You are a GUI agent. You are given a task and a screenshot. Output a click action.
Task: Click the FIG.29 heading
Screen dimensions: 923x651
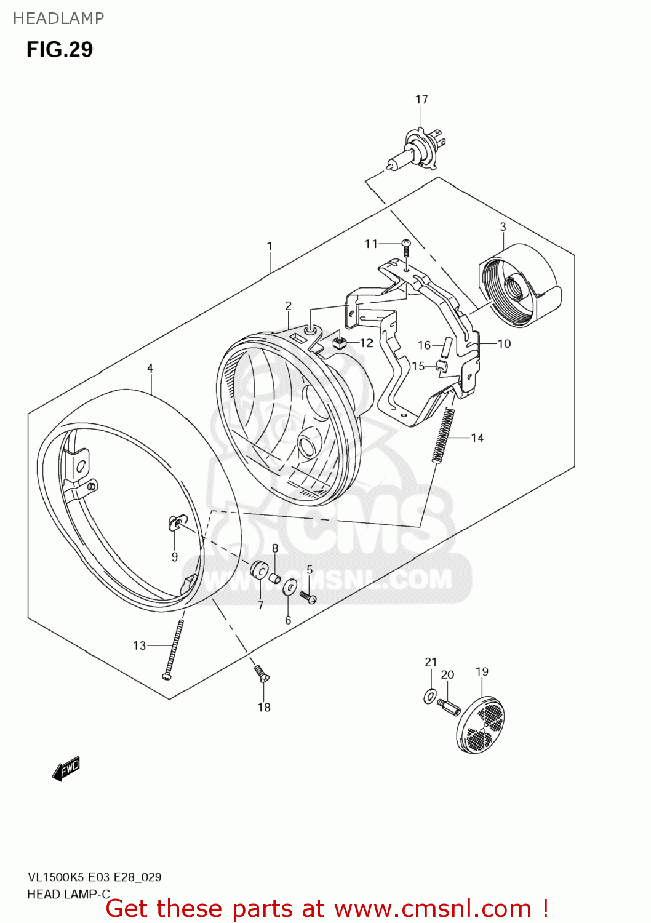[59, 49]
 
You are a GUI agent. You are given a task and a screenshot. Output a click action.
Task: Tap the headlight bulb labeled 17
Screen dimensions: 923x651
[414, 149]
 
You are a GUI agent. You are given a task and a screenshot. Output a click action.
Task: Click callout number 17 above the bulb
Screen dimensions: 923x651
[421, 99]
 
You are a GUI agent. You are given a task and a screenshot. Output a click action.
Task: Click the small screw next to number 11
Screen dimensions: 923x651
[406, 247]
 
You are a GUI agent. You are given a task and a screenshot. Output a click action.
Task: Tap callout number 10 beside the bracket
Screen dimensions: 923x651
[504, 343]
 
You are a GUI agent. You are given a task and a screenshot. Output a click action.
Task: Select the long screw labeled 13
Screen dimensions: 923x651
[173, 649]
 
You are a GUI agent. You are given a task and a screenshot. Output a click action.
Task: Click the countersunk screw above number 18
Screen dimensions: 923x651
[262, 673]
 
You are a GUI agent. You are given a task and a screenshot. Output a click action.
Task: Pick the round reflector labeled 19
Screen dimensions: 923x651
[481, 725]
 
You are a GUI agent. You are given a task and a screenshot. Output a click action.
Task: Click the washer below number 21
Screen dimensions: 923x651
[429, 697]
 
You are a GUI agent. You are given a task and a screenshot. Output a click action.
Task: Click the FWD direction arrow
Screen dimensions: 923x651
[66, 769]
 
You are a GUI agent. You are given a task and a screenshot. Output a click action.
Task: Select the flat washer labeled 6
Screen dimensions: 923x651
[288, 588]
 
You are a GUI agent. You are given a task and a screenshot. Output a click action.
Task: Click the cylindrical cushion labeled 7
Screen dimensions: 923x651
[258, 570]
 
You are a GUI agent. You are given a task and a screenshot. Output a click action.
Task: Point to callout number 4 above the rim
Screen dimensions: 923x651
[150, 368]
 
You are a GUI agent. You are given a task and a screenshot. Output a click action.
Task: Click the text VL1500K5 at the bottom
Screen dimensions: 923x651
[55, 877]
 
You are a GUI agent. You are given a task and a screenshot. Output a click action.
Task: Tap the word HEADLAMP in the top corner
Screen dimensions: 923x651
[58, 18]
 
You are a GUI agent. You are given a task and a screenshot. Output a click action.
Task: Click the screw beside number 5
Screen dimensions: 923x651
[308, 596]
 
